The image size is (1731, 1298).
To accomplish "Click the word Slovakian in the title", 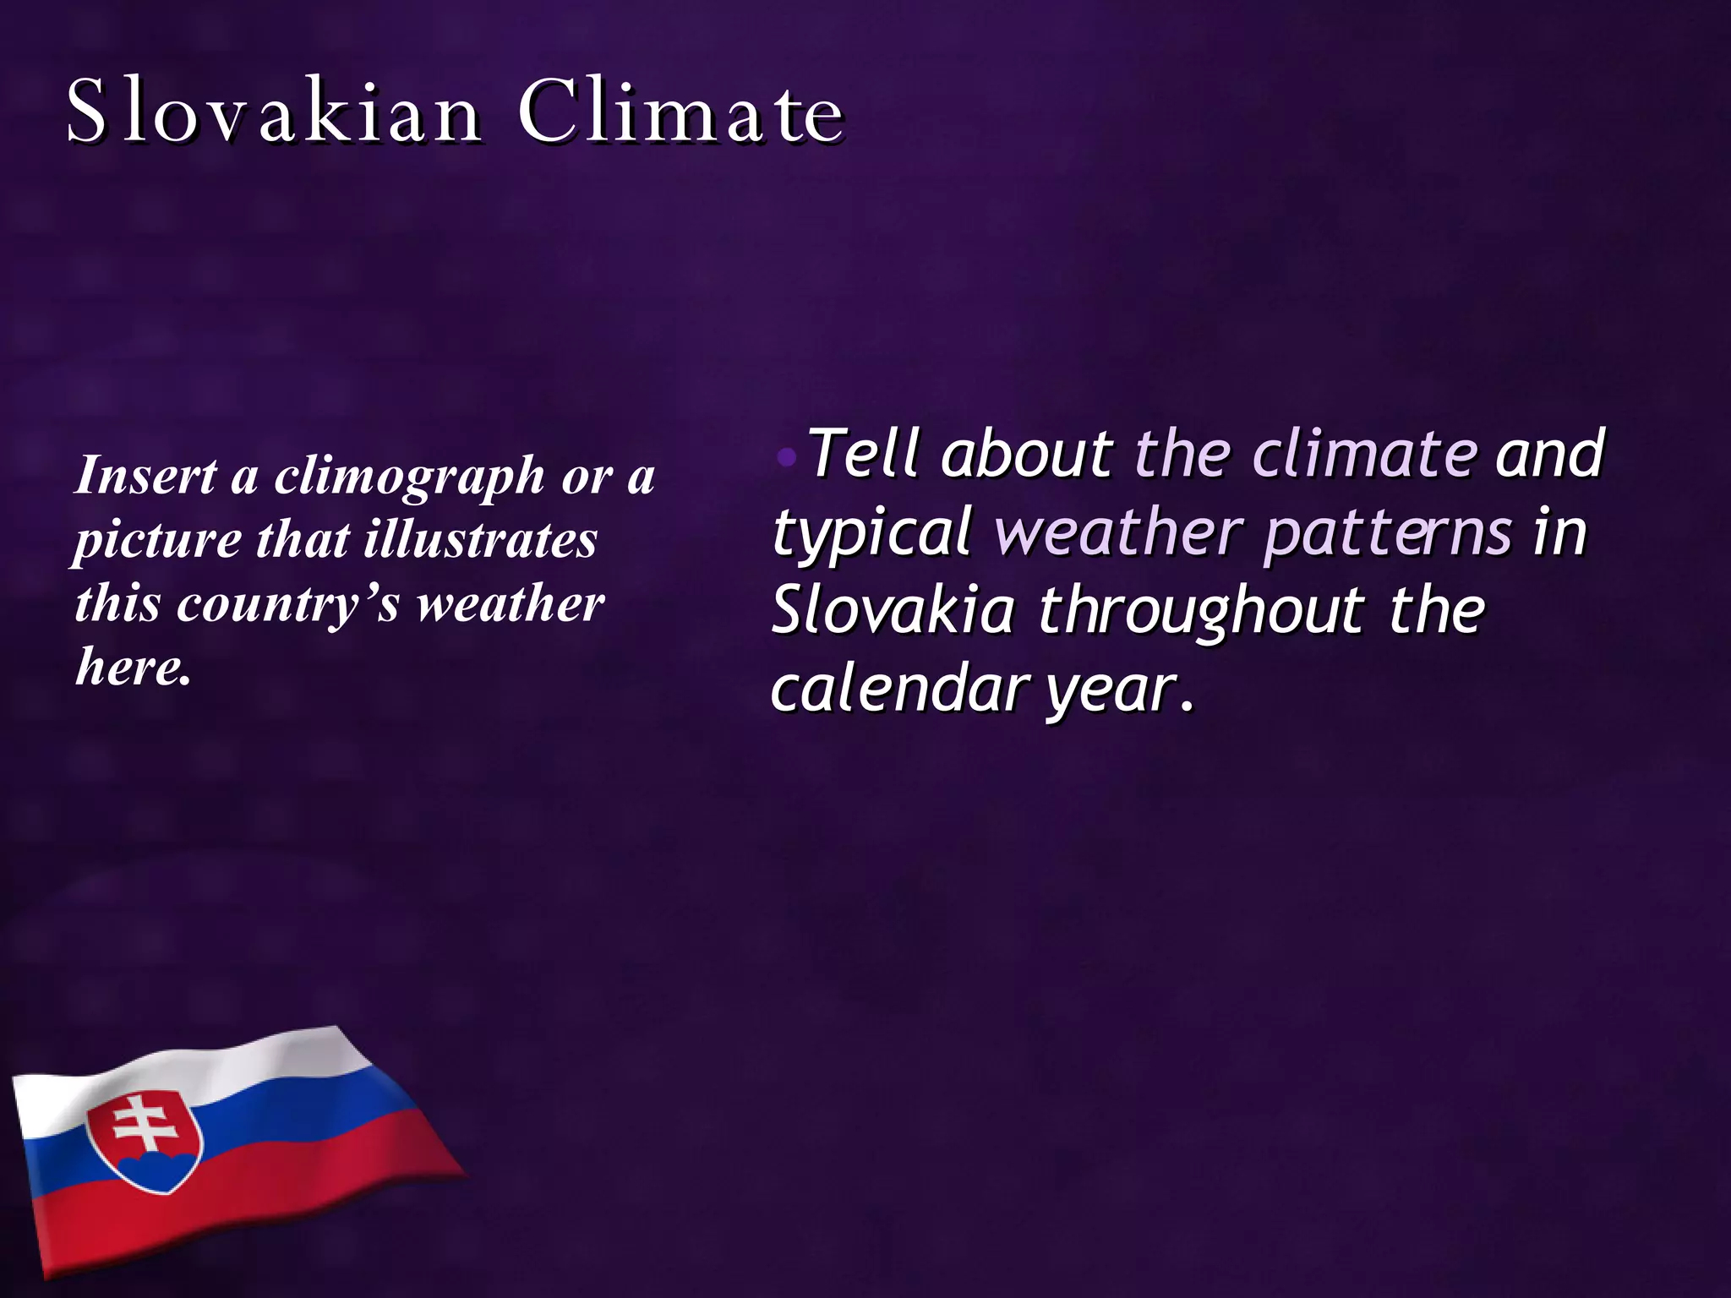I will coord(275,112).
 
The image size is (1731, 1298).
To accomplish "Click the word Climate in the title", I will coord(680,112).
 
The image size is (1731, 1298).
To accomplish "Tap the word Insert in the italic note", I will coord(145,475).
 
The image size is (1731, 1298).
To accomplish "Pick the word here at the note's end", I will coord(130,668).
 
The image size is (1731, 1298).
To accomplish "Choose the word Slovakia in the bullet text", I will coord(893,610).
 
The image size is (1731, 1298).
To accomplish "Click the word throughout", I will coord(1201,612).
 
